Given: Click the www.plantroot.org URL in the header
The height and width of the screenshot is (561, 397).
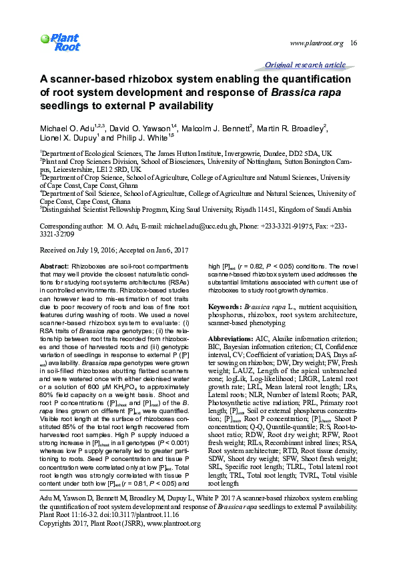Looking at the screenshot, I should pos(316,43).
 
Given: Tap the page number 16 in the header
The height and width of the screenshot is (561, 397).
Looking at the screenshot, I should pos(354,43).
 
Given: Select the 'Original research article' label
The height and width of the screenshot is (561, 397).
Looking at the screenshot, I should pos(305,65).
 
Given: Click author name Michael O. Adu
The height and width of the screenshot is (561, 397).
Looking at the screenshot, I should pos(69,127).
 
